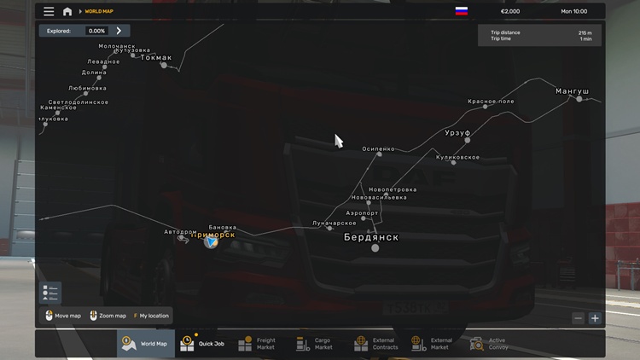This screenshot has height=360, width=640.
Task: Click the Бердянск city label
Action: click(x=371, y=237)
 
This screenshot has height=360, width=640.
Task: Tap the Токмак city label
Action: click(x=156, y=58)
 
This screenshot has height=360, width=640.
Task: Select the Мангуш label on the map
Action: click(x=572, y=90)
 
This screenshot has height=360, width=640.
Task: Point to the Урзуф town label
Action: click(x=457, y=133)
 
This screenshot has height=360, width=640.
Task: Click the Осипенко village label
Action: click(x=379, y=148)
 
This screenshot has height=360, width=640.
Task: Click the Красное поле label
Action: click(x=491, y=102)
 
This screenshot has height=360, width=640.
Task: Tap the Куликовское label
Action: click(x=457, y=157)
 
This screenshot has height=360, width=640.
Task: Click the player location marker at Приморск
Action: click(x=211, y=242)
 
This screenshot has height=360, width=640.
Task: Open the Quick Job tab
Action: click(x=203, y=343)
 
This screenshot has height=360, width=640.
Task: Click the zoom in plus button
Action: click(x=595, y=318)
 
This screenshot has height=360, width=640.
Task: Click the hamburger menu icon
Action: click(x=49, y=12)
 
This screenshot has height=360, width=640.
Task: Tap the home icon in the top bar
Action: click(x=67, y=12)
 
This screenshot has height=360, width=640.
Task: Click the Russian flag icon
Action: click(x=462, y=12)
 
